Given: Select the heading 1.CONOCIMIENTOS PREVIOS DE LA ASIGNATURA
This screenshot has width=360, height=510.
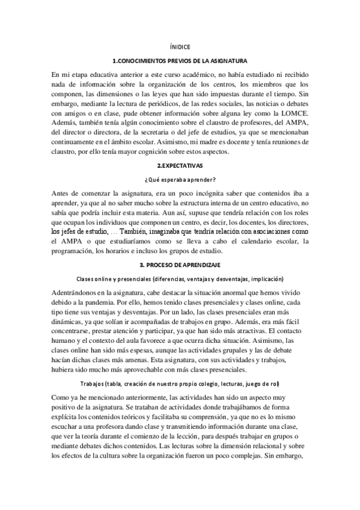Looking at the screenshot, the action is coord(180,62).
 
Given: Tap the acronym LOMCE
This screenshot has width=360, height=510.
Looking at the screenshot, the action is coord(294,112).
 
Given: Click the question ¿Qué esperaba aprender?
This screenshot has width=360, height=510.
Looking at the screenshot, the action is coord(180,179).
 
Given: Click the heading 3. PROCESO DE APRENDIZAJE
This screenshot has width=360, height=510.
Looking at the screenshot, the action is coord(180,265).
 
